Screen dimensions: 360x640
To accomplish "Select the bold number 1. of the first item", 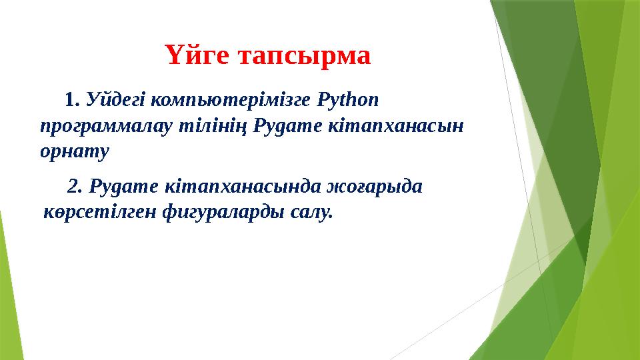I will click(x=73, y=100).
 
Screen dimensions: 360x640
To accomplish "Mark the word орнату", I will click(x=74, y=151).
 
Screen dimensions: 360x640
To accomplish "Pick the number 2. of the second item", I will click(x=75, y=186).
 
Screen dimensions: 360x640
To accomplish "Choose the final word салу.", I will click(x=312, y=213).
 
